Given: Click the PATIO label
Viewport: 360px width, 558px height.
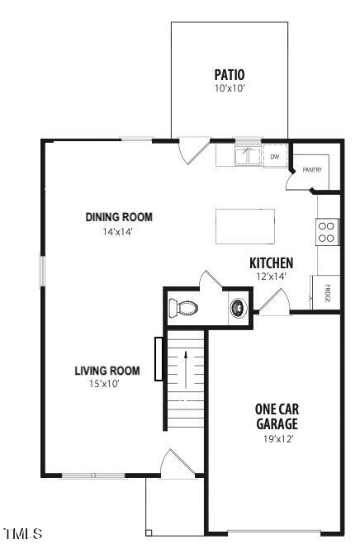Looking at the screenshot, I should pos(230,73).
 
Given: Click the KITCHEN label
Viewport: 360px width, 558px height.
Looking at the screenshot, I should pos(271,263).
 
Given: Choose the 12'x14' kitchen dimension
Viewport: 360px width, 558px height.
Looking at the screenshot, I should pos(271,277).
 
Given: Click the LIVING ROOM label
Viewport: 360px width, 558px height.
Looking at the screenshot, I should pos(108,370).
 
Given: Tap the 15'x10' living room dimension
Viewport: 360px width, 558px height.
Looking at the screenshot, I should pos(108,383).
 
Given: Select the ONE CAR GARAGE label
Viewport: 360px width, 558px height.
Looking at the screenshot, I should pos(276,416).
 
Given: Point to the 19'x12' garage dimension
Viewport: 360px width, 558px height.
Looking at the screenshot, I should pos(276,438).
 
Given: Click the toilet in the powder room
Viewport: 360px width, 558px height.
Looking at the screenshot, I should pos(183,309).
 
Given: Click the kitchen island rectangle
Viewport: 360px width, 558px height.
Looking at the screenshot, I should pos(245,226).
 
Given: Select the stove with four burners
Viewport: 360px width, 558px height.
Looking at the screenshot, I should pos(326,230).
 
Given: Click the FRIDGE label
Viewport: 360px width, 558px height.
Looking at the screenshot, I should pos(327,294).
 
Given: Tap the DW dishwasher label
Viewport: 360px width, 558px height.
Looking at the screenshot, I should pos(274,155).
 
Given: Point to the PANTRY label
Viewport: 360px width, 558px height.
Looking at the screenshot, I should pos(311,170).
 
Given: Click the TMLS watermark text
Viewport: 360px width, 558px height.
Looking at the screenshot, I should pos(22,534).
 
